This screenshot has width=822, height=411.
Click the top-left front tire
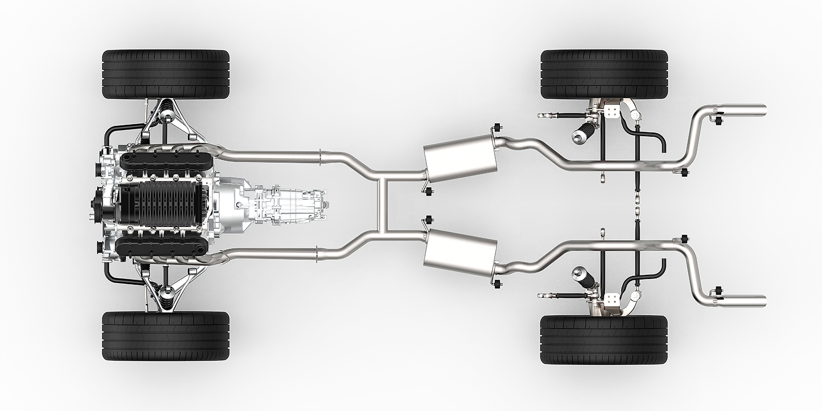coord(166,73)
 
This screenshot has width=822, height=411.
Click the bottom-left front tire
coord(166,337)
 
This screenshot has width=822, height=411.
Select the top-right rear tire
coord(604,73)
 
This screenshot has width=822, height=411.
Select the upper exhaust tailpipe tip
coord(753,111)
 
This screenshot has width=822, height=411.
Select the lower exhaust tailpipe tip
coord(753,300)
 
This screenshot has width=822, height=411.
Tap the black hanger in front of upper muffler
coord(428,192)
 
